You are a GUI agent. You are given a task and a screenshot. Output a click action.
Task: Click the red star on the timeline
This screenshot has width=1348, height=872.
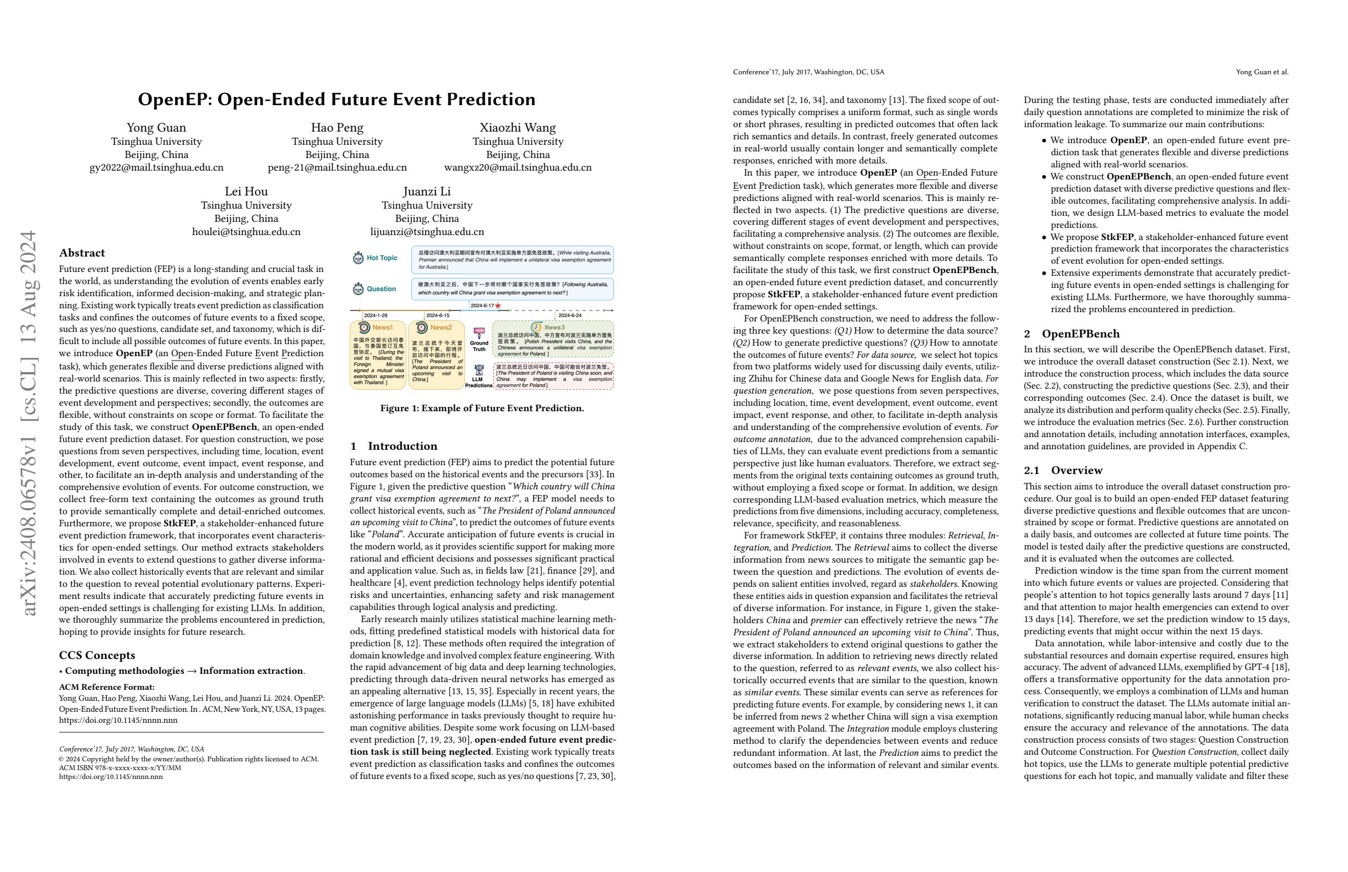pos(498,306)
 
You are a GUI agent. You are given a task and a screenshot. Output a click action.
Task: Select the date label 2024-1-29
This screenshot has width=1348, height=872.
pos(376,315)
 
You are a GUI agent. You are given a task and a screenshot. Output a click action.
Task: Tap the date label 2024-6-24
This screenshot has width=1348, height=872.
pos(570,315)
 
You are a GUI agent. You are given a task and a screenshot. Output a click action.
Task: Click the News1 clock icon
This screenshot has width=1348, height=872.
pos(364,328)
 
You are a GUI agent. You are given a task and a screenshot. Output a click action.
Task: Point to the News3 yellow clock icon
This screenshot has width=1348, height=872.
pos(536,328)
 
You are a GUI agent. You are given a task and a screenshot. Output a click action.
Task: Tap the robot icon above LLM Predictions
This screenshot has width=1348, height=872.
pos(479,370)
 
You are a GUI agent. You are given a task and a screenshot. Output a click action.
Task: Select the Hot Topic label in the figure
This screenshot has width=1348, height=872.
pos(382,258)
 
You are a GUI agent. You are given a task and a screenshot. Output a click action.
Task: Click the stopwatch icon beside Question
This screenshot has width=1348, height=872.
pos(358,290)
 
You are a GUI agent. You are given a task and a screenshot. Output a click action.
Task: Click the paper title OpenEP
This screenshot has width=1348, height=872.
pos(336,99)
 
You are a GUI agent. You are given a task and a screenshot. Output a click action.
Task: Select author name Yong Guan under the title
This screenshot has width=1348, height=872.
pos(156,127)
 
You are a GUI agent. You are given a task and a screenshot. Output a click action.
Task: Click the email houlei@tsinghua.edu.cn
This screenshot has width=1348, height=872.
pos(246,232)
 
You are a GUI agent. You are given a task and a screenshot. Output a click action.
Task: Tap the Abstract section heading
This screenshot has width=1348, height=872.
pos(82,253)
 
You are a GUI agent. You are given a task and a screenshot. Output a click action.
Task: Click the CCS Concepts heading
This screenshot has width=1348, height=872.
pos(97,655)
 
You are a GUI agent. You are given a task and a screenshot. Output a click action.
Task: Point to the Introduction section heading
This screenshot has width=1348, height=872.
pos(394,445)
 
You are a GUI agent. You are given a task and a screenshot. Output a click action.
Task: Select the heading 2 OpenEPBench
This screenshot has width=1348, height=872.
pos(1072,334)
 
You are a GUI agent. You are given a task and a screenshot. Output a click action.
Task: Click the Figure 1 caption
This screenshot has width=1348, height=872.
pos(482,408)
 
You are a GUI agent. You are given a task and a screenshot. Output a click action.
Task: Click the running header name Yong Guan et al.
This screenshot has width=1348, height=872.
pos(1262,72)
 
